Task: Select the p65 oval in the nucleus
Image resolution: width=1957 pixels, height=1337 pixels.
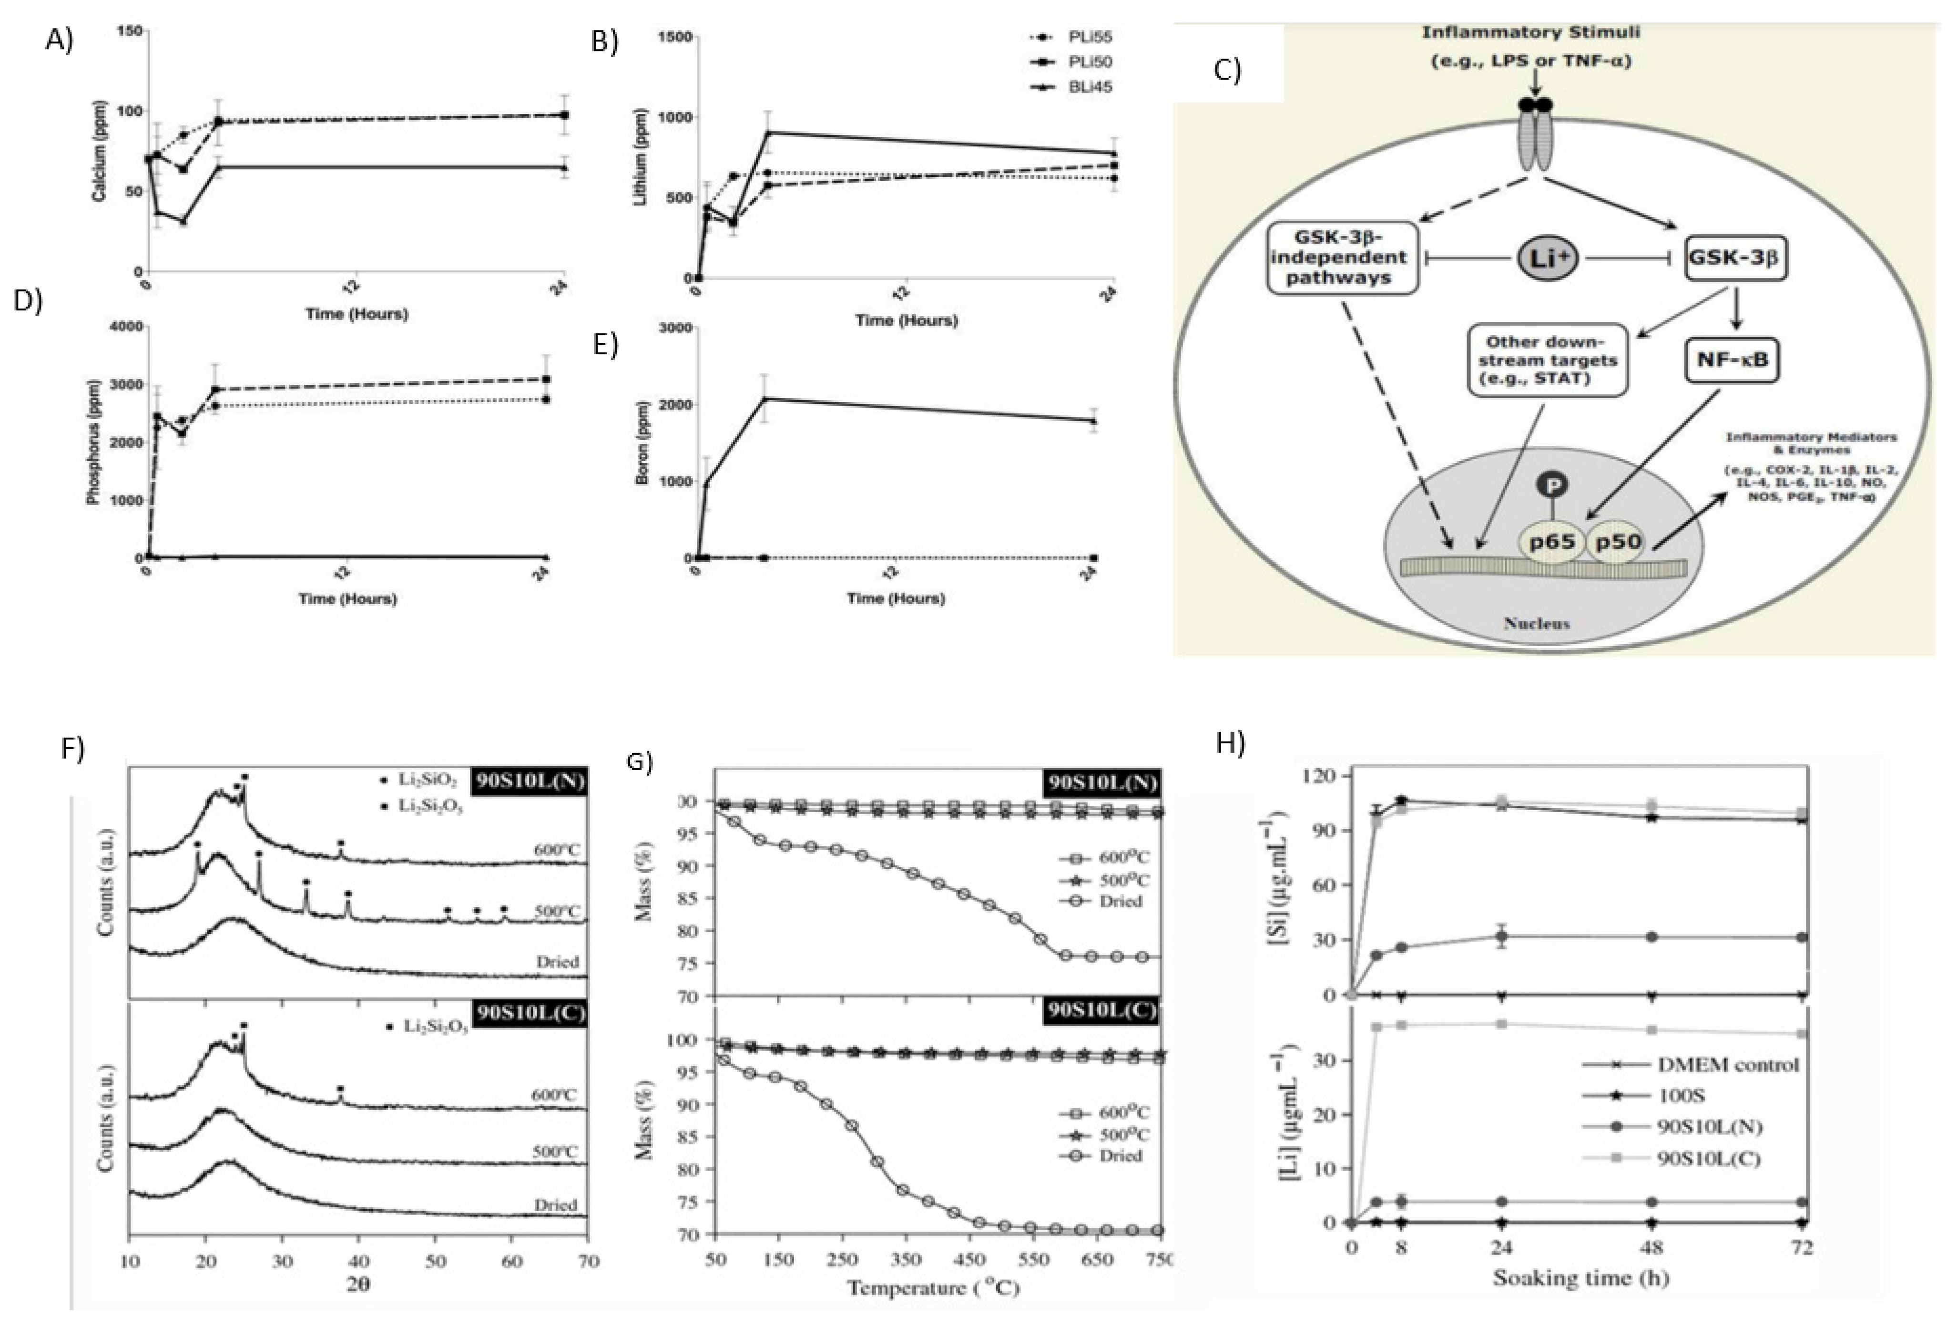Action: tap(1552, 542)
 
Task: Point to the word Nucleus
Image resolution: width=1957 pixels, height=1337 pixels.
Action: tap(1536, 623)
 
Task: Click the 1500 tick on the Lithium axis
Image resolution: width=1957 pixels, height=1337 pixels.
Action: tap(674, 37)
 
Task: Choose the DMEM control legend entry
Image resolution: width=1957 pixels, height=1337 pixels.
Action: tap(1726, 1064)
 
